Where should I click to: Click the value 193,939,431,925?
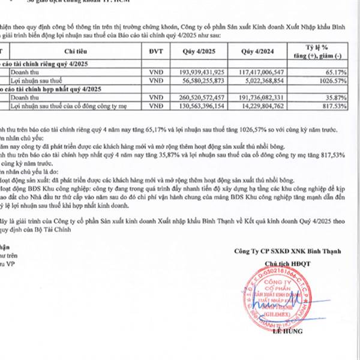pyautogui.click(x=201, y=71)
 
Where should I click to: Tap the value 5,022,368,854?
pyautogui.click(x=260, y=80)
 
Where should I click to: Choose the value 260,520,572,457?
pyautogui.click(x=201, y=97)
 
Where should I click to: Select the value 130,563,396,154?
pyautogui.click(x=201, y=106)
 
